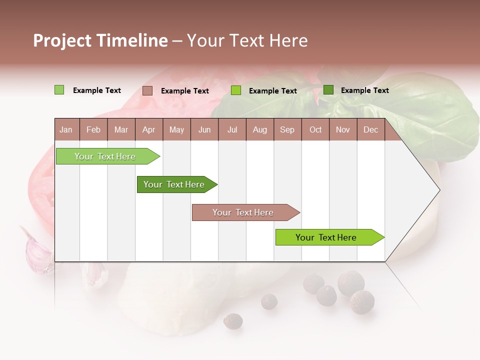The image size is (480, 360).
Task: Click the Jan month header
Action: pos(66,130)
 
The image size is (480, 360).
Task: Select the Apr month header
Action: pos(148,130)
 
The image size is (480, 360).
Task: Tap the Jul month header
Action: pos(232,130)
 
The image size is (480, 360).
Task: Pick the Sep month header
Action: pos(287,130)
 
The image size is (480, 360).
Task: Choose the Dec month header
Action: pos(370,130)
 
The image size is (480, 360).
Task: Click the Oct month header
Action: pos(315,130)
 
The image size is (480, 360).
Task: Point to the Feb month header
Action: pos(93,130)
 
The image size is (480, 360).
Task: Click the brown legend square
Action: pos(147,90)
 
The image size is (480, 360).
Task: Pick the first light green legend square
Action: pos(59,90)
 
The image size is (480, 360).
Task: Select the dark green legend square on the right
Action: pos(328,90)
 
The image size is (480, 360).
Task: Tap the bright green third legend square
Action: pos(236,90)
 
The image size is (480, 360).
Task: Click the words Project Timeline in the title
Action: pos(100,40)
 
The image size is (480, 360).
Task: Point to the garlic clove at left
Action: pos(36,250)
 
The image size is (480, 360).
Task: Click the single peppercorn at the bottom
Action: pos(232,321)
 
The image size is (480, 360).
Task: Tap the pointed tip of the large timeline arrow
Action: pos(438,190)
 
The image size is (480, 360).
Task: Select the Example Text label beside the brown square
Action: pos(185,91)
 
